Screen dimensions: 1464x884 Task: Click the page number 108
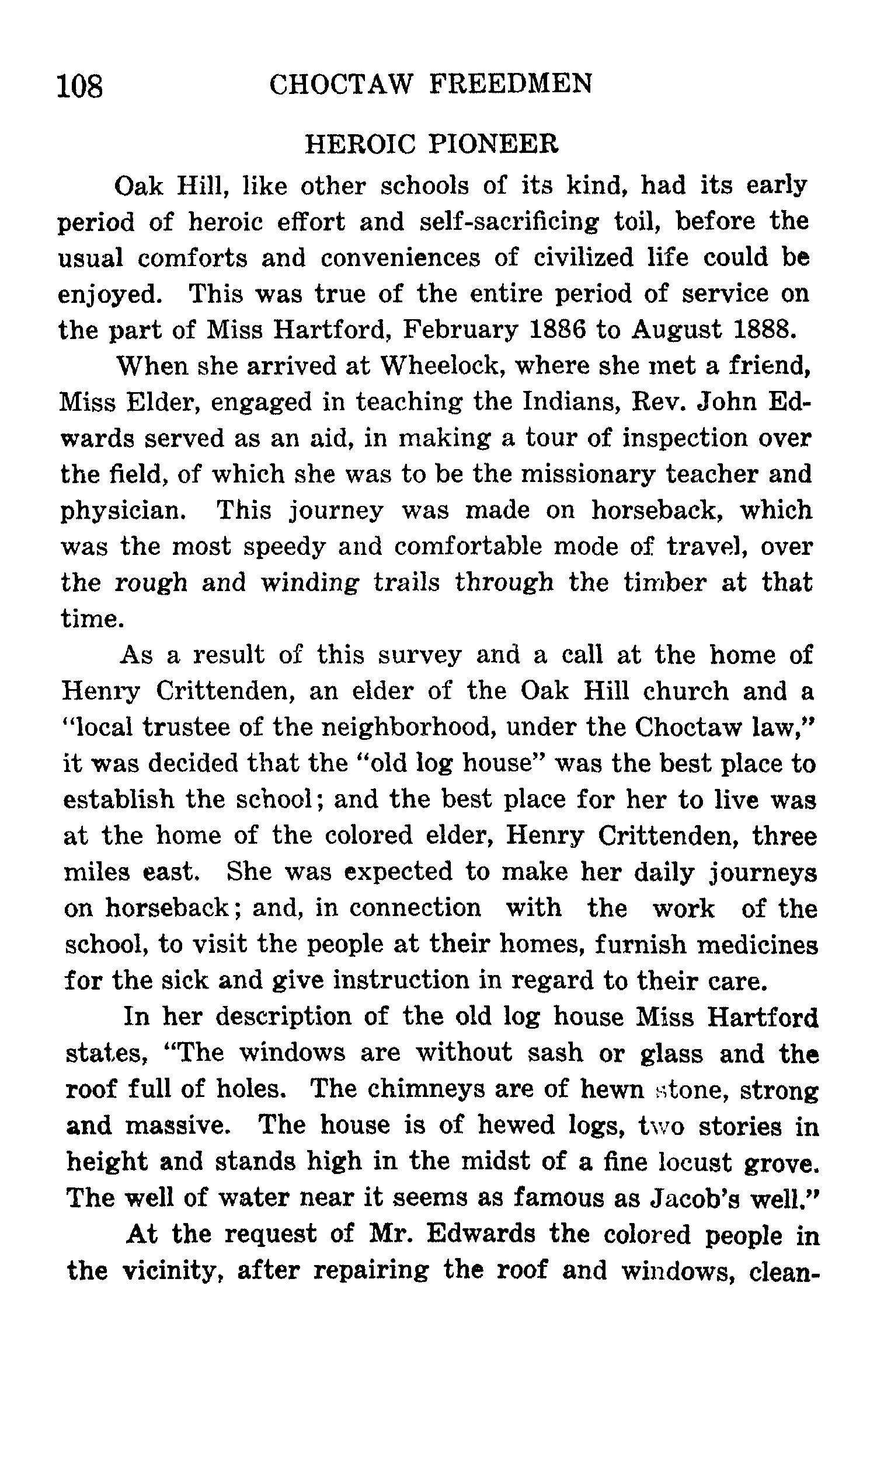click(80, 86)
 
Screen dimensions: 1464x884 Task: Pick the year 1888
click(764, 329)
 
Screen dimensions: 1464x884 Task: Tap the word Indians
click(570, 402)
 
